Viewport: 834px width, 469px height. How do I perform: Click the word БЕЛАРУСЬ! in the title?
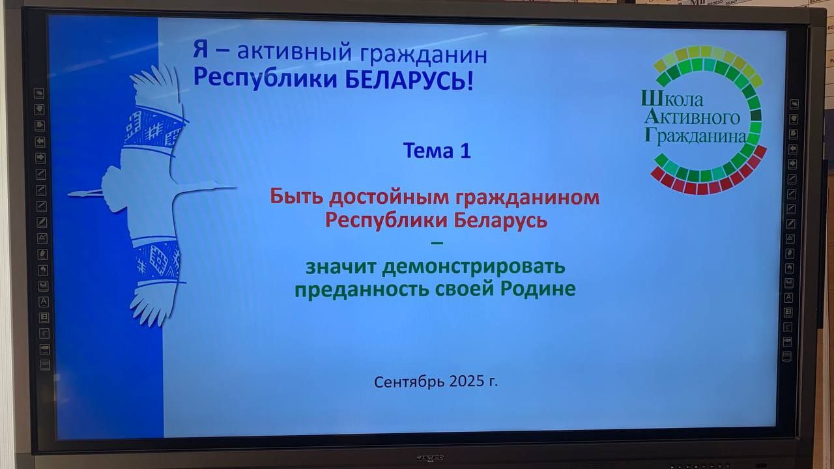tap(409, 80)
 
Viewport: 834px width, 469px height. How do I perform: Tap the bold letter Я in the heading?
tap(200, 50)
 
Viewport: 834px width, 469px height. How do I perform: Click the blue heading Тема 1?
tap(437, 150)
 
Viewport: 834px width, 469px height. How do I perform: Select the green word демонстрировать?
tap(474, 267)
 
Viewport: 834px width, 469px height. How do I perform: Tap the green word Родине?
tap(538, 288)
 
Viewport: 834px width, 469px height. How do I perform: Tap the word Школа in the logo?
tap(672, 100)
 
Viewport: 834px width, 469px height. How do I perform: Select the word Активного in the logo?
tap(692, 117)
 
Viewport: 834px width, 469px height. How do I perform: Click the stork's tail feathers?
tap(85, 193)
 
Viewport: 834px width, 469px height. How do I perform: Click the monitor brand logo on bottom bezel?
tap(430, 457)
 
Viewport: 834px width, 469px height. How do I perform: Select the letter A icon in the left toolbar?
tap(44, 302)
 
